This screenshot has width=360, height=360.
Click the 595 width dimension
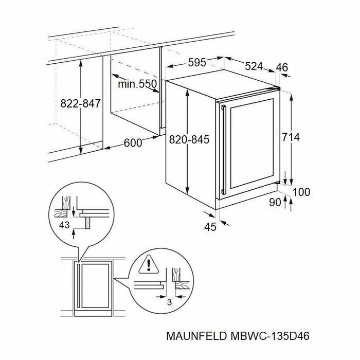click(x=197, y=63)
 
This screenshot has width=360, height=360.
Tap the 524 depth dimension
click(x=254, y=66)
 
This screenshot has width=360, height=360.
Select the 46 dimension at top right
click(x=281, y=67)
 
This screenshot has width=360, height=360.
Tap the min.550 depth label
click(x=137, y=84)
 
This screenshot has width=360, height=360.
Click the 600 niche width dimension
click(x=133, y=143)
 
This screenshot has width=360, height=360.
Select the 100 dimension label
click(x=301, y=192)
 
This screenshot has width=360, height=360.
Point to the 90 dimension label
click(x=275, y=202)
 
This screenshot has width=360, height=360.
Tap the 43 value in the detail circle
click(x=64, y=225)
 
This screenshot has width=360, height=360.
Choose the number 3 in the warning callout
click(x=169, y=302)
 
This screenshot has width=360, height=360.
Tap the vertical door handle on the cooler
click(x=223, y=150)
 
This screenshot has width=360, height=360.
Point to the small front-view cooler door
click(x=93, y=289)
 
